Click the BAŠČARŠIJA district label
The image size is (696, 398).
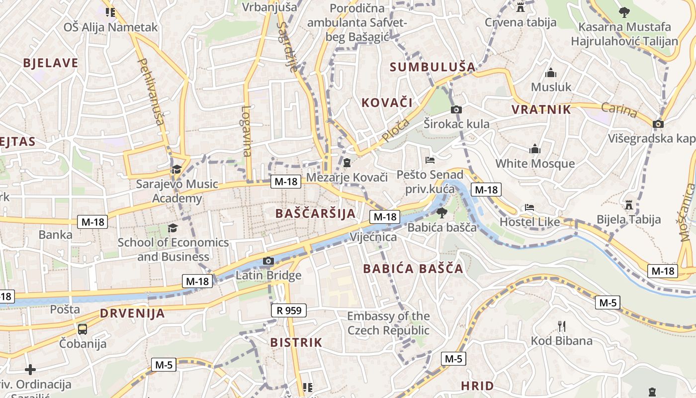pyautogui.click(x=315, y=214)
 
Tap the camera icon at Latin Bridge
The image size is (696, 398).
pyautogui.click(x=268, y=261)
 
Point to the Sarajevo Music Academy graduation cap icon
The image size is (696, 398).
pyautogui.click(x=176, y=170)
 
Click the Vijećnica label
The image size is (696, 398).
pyautogui.click(x=373, y=237)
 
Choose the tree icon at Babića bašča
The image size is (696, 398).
pyautogui.click(x=441, y=213)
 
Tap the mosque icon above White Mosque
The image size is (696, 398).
pyautogui.click(x=535, y=149)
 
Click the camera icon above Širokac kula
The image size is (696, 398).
pyautogui.click(x=456, y=109)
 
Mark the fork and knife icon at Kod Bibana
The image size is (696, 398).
pyautogui.click(x=562, y=326)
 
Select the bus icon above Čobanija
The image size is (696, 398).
pyautogui.click(x=83, y=329)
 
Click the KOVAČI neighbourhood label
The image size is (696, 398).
pyautogui.click(x=387, y=103)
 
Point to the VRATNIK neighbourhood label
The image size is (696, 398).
pyautogui.click(x=541, y=109)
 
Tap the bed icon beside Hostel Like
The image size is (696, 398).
pyautogui.click(x=530, y=207)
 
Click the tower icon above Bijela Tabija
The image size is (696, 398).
pyautogui.click(x=629, y=204)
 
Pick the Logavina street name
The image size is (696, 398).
pyautogui.click(x=247, y=131)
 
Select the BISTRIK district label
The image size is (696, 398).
pyautogui.click(x=296, y=342)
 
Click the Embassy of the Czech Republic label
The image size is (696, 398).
pyautogui.click(x=388, y=323)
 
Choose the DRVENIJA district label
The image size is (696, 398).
pyautogui.click(x=132, y=313)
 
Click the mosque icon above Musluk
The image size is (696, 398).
pyautogui.click(x=551, y=73)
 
